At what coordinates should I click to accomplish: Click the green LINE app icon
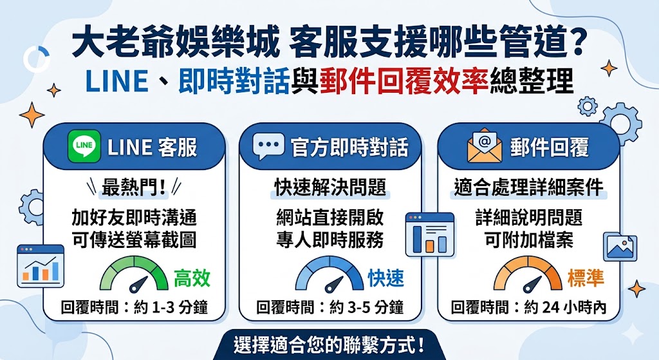(84, 147)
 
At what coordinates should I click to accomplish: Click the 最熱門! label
(134, 187)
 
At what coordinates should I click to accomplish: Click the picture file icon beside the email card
(620, 247)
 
